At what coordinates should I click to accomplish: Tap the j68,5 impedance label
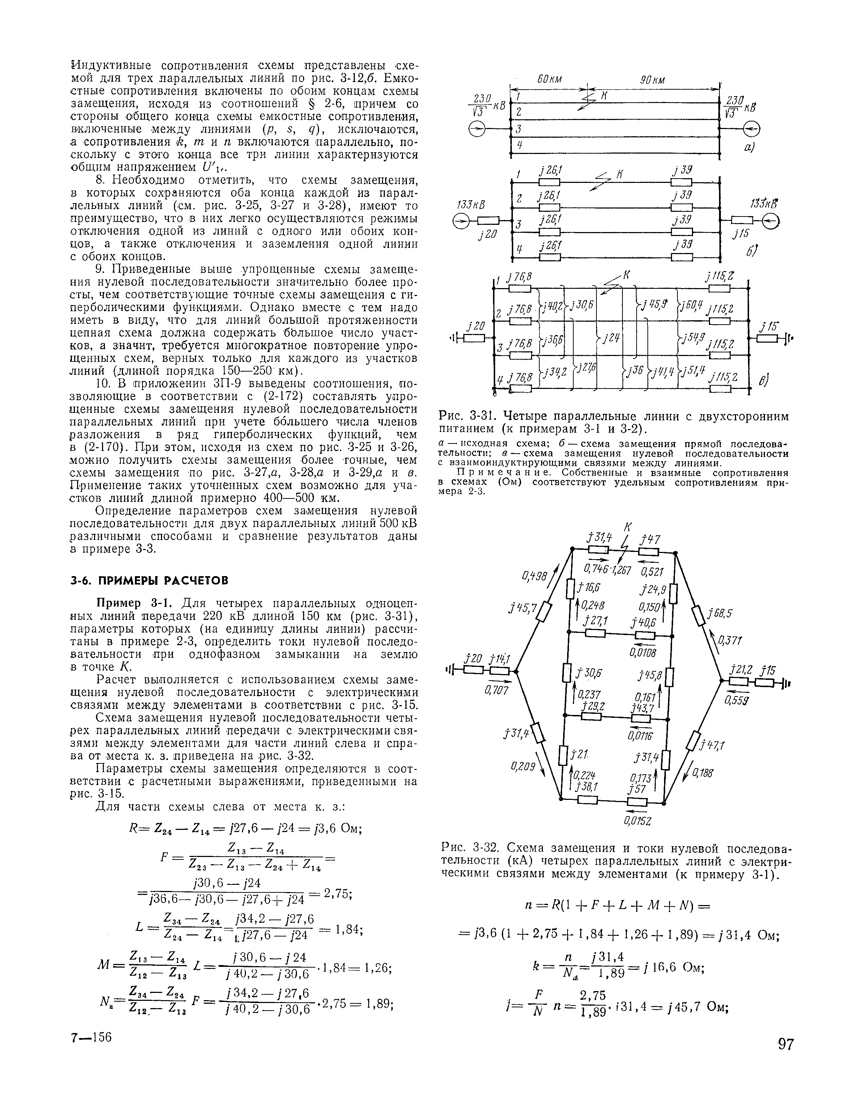722,614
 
